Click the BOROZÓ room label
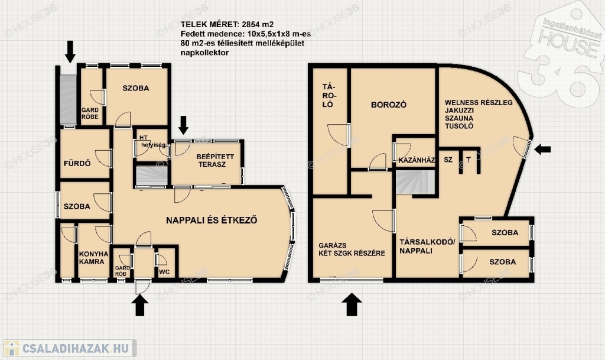[389, 105]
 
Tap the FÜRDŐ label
[77, 164]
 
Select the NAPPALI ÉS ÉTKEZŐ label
[212, 220]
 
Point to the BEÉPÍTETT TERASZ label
[215, 161]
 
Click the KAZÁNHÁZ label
[417, 160]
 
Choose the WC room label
[164, 272]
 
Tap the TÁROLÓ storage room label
[328, 95]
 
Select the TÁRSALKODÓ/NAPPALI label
[427, 246]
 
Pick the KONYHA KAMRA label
[93, 258]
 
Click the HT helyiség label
[152, 141]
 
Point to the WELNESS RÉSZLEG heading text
[479, 103]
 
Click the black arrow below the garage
[352, 304]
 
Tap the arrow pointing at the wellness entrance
[542, 149]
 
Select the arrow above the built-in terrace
[184, 125]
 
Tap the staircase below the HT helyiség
[151, 176]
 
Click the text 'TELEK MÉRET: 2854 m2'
[227, 25]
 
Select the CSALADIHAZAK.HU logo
[70, 348]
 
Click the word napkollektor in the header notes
[204, 53]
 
